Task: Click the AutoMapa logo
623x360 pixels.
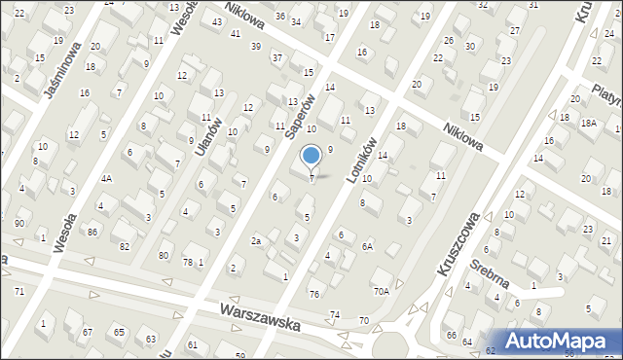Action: coord(564,341)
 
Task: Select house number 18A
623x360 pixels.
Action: coord(589,124)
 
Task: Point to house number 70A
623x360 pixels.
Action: coord(381,290)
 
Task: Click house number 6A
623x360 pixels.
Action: coord(368,246)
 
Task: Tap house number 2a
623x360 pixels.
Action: coord(256,240)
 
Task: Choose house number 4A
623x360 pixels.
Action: coord(106,178)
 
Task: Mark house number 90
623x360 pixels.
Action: coord(19,225)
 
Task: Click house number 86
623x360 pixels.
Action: coord(92,232)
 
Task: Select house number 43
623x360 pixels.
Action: coord(216,21)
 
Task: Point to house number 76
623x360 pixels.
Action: coord(313,294)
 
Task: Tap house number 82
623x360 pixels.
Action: coord(125,246)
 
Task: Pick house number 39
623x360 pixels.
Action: coord(256,46)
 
